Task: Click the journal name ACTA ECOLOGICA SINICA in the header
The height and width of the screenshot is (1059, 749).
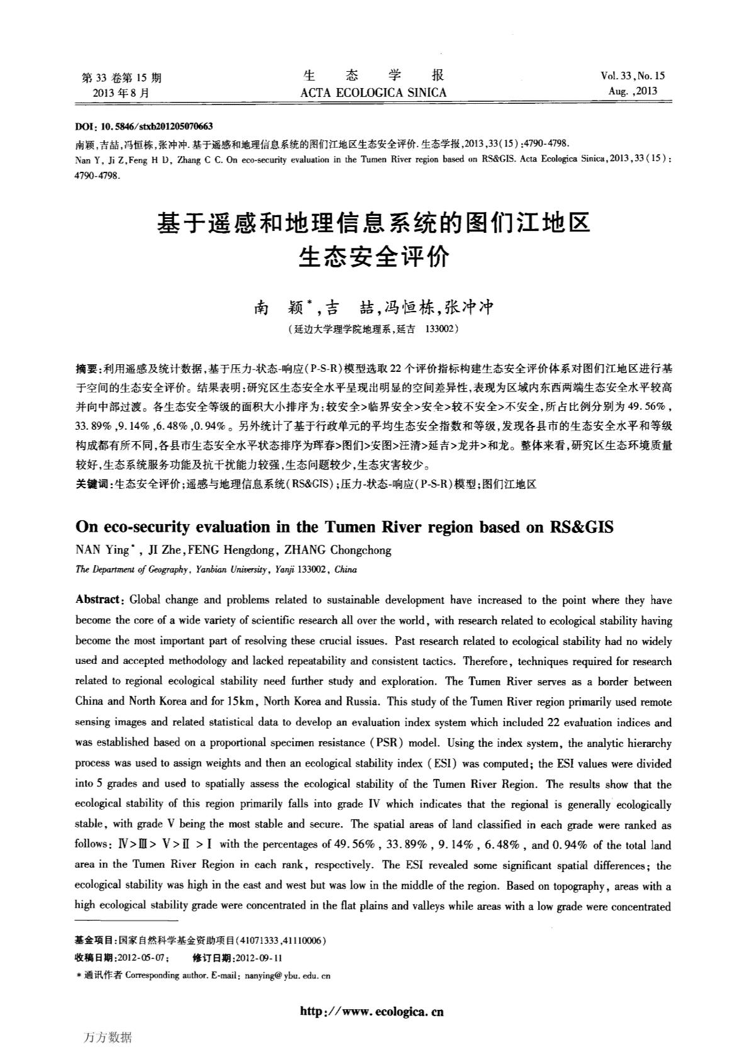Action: point(374,93)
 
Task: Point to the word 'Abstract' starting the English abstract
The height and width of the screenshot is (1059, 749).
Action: point(97,600)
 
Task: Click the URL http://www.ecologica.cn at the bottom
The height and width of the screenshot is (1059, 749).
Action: point(372,1012)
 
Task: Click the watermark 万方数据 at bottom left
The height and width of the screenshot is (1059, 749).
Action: point(107,1038)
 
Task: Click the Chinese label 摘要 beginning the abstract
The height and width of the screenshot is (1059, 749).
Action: point(87,367)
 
